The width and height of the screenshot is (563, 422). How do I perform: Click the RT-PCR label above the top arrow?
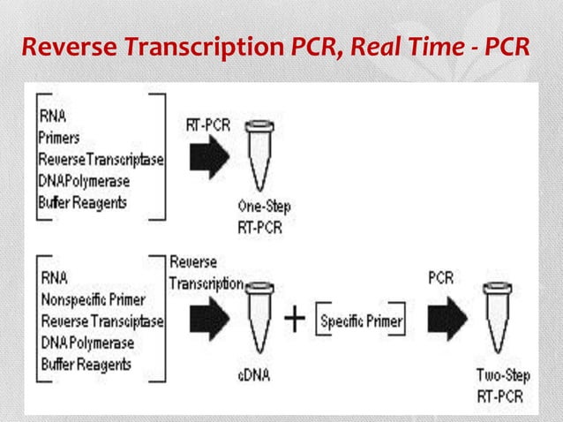(x=208, y=125)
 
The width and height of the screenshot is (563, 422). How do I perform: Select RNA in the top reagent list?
(x=52, y=117)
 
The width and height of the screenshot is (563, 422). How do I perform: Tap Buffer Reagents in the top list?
(x=82, y=201)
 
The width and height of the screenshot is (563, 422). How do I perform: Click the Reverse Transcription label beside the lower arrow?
(x=206, y=273)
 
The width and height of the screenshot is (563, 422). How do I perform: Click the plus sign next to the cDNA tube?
(x=294, y=321)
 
